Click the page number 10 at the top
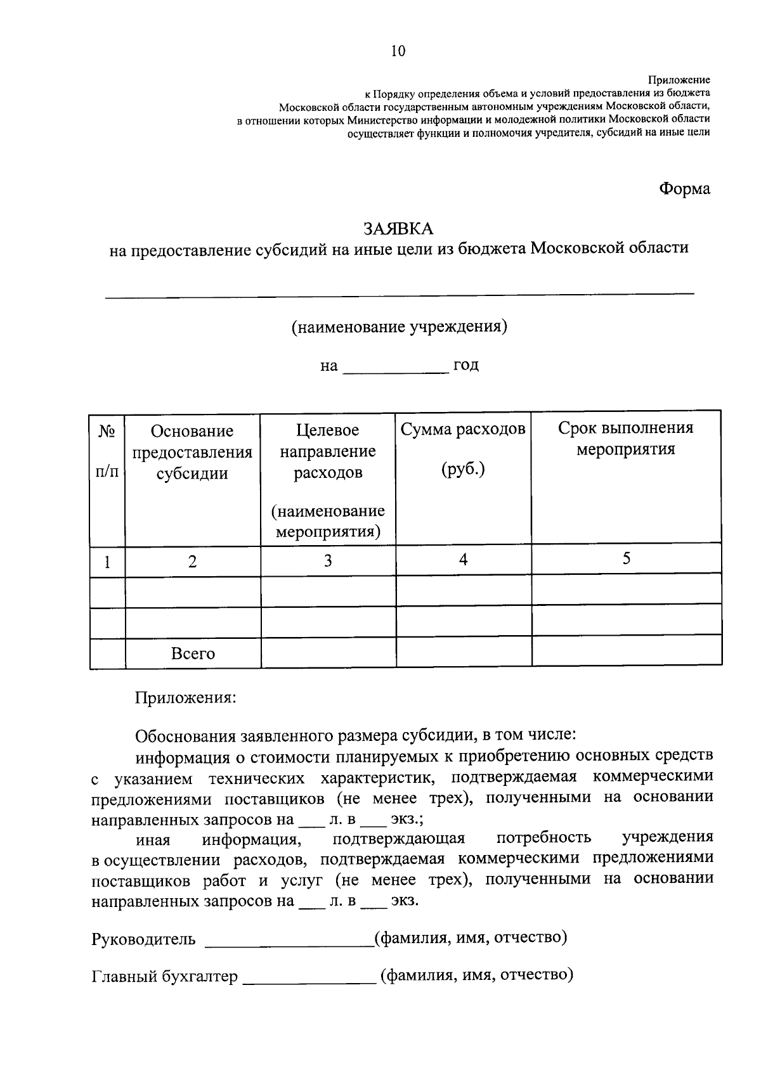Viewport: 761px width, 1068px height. click(x=398, y=51)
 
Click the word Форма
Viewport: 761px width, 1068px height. click(x=684, y=189)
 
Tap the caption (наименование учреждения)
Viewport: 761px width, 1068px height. click(x=399, y=327)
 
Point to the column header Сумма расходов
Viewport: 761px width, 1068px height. click(x=463, y=429)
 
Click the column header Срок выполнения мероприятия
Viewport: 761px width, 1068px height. click(x=625, y=439)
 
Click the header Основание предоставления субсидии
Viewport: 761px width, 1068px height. click(x=192, y=452)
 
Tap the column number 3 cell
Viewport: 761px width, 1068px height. click(x=328, y=561)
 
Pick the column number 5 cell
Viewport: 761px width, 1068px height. click(x=626, y=558)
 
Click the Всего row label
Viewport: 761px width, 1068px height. click(x=193, y=653)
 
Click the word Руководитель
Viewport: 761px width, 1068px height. click(x=143, y=939)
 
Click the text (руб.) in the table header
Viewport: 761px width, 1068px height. click(x=463, y=470)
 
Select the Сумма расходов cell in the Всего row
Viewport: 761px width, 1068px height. click(x=463, y=653)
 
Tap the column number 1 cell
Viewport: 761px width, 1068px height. click(x=107, y=562)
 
